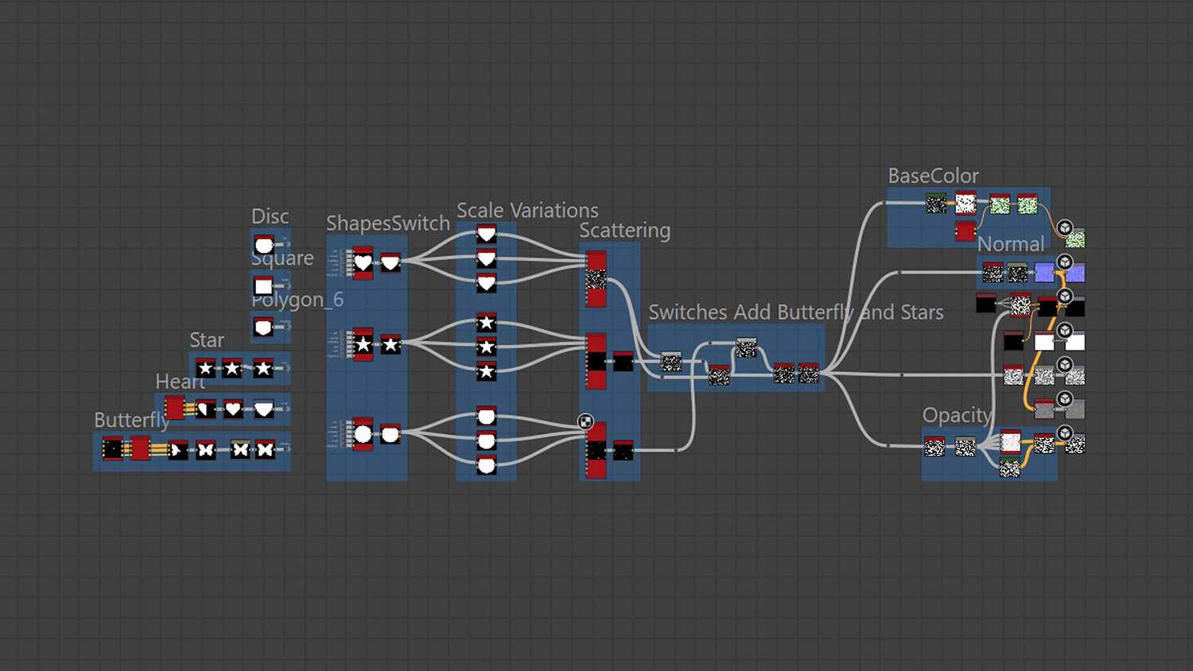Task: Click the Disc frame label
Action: [270, 216]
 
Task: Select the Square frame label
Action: [282, 258]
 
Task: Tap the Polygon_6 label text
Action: [297, 300]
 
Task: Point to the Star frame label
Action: [207, 340]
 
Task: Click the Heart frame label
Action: [180, 382]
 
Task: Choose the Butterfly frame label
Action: [131, 420]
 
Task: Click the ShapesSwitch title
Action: [388, 223]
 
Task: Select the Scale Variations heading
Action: [527, 211]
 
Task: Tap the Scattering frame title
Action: [624, 231]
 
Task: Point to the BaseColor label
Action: [933, 176]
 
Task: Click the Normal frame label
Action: [1010, 244]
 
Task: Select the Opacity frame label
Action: [957, 415]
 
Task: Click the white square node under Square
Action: [263, 286]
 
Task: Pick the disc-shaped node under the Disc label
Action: [263, 245]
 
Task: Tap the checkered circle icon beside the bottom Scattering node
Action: [585, 422]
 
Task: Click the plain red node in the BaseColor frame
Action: [965, 231]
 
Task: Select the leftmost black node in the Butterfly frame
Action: [113, 449]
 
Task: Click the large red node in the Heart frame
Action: [174, 409]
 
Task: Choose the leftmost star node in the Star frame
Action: [205, 368]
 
